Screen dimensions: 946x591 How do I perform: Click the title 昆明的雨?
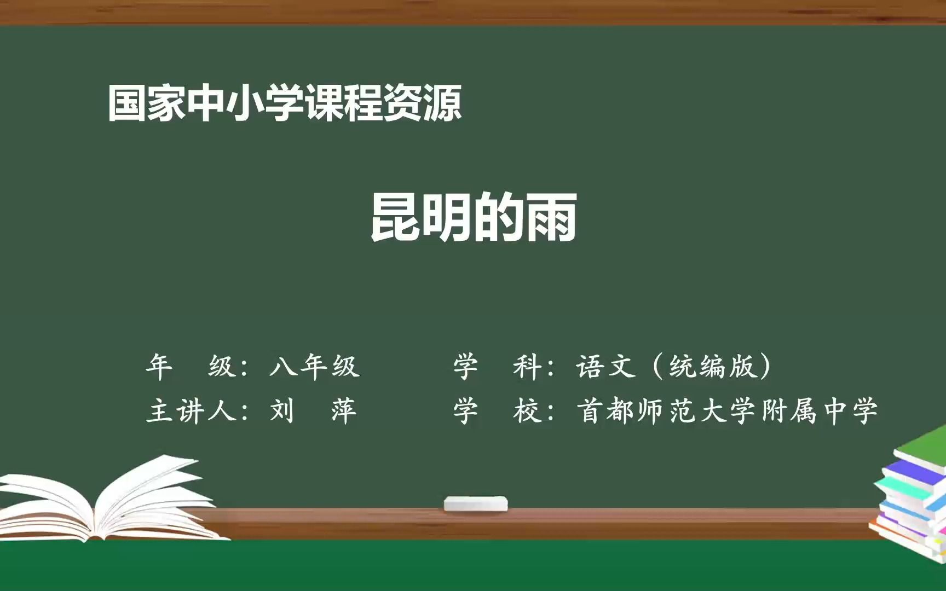click(474, 217)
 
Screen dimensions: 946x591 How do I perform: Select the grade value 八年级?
click(314, 366)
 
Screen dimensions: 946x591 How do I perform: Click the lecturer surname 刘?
click(282, 410)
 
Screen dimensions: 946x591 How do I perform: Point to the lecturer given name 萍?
click(344, 411)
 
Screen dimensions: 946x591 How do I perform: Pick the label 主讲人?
click(191, 411)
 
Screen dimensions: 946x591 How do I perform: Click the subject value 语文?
click(605, 366)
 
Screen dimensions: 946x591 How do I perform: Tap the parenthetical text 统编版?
click(712, 366)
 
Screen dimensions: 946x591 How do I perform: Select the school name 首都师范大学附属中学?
click(727, 411)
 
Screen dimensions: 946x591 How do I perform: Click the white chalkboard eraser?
click(476, 503)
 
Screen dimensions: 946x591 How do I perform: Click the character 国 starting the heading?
click(127, 103)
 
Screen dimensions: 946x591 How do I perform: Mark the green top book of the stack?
click(922, 446)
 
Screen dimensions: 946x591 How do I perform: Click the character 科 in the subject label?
click(527, 366)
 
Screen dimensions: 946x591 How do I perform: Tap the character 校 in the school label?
click(527, 411)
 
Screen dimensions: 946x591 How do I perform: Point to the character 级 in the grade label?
click(222, 366)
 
